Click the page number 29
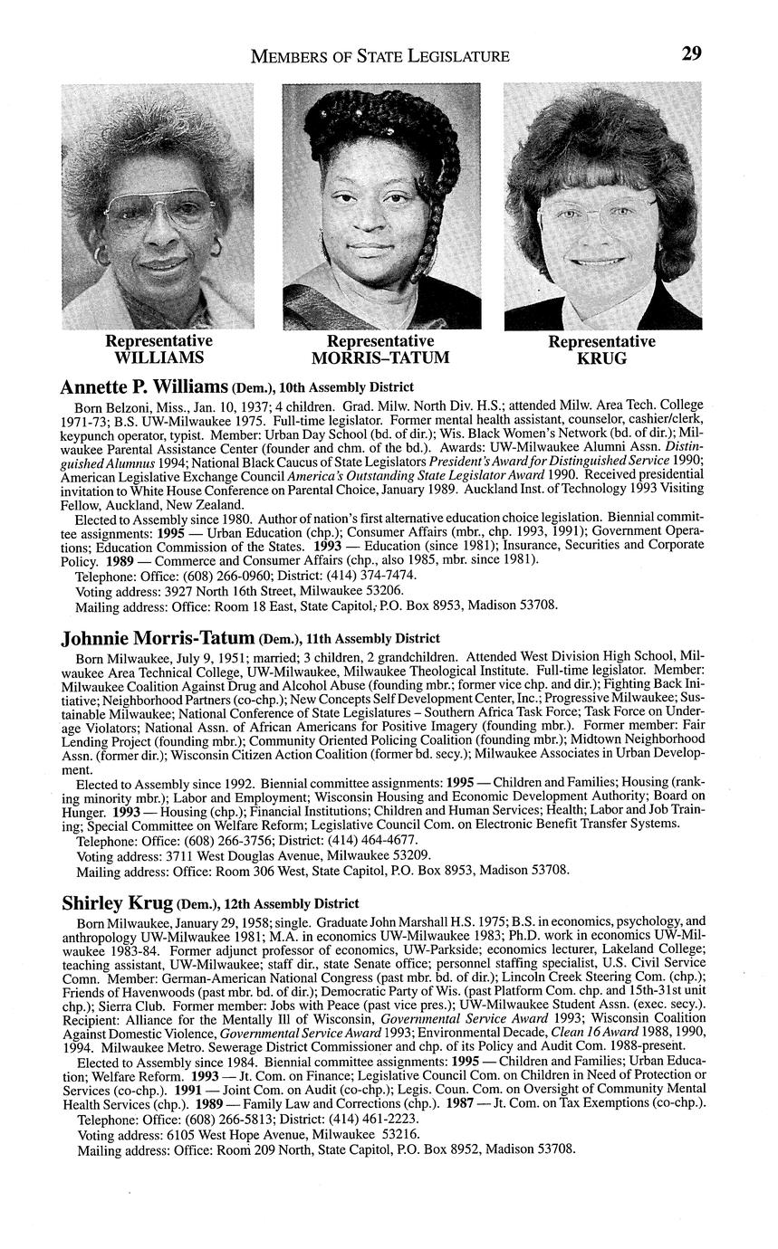pos(691,53)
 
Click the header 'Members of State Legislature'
pos(379,56)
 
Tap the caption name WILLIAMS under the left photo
pos(158,358)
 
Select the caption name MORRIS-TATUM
pos(379,358)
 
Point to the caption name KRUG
pos(601,358)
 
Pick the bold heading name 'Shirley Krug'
pos(117,902)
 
